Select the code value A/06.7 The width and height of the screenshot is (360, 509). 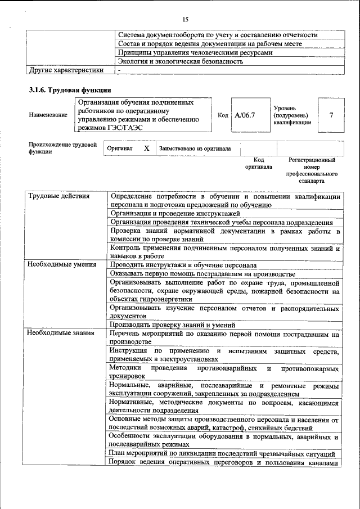click(x=245, y=115)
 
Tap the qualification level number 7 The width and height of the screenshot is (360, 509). click(x=331, y=115)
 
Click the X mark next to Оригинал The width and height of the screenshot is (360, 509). click(x=146, y=148)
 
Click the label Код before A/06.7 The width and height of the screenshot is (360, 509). click(x=223, y=115)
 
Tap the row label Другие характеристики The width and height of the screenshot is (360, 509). click(x=66, y=70)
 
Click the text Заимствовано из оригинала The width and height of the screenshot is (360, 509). click(x=195, y=149)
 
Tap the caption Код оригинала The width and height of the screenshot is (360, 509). click(x=258, y=163)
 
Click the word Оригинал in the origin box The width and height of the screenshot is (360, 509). click(x=119, y=149)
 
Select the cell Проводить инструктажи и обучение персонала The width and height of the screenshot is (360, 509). click(x=183, y=264)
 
